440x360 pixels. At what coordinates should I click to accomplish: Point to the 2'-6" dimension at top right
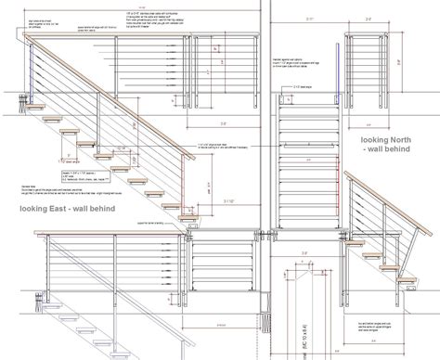368,19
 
